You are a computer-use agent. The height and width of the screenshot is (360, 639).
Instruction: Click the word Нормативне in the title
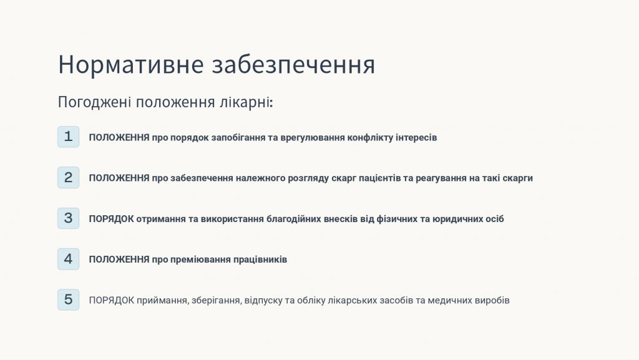point(130,64)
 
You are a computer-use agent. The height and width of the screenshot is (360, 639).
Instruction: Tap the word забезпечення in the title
point(293,65)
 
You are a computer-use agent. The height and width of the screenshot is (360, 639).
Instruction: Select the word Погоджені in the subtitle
point(94,102)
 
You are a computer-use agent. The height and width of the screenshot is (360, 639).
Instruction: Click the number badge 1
point(68,137)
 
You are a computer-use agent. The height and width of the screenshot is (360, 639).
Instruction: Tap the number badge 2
point(68,178)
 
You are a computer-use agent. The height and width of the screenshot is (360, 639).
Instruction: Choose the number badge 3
point(68,218)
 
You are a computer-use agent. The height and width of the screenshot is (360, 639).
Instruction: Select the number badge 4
point(68,259)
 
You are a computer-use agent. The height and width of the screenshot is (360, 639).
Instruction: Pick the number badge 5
point(68,299)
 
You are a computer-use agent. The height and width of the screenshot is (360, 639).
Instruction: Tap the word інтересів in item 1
point(416,138)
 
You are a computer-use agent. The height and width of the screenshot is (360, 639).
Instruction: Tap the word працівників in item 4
point(260,260)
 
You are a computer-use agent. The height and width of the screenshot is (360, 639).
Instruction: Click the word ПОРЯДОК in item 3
point(111,219)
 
